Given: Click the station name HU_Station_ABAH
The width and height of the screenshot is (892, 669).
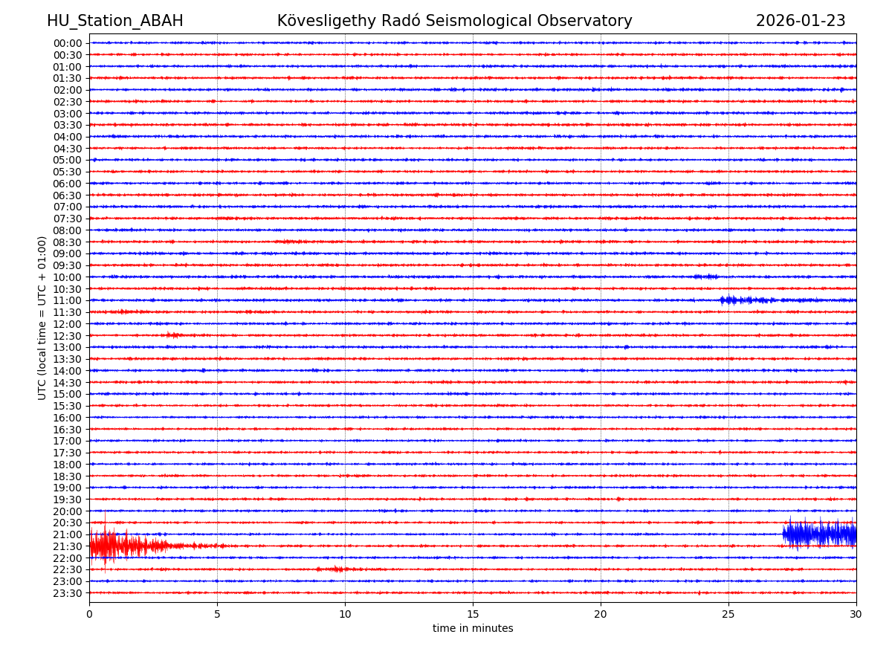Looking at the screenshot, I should click(x=115, y=22).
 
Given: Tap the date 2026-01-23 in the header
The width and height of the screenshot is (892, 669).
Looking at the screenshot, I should click(x=801, y=22).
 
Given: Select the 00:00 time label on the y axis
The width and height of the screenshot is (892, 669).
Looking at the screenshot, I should click(x=68, y=43).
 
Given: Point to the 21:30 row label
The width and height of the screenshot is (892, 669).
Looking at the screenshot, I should click(x=68, y=546).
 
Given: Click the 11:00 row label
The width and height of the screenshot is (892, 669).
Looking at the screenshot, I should click(x=68, y=300).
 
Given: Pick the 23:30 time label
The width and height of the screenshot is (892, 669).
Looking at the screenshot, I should click(x=68, y=593).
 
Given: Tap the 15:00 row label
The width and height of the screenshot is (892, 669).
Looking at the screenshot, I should click(x=68, y=394).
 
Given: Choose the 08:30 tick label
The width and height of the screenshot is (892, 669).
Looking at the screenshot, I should click(x=68, y=242).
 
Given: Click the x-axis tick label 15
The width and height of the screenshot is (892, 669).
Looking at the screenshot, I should click(x=473, y=615).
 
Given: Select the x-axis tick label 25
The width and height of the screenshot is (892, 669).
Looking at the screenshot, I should click(x=728, y=615).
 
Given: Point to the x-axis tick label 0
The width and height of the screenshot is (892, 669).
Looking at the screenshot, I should click(x=89, y=615).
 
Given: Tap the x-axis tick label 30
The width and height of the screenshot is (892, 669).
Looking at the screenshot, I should click(x=856, y=615).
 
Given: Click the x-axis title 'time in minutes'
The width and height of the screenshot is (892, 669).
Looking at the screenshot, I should click(x=473, y=629).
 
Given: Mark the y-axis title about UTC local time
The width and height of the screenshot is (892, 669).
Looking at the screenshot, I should click(x=42, y=318).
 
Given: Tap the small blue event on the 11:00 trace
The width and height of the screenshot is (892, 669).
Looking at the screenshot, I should click(x=743, y=300).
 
